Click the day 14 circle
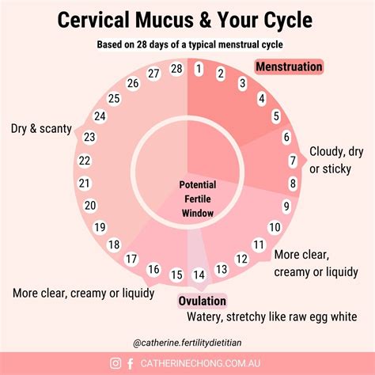pos(199,275)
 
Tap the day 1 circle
pos(199,69)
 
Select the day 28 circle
pos(176,69)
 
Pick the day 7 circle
pos(292,161)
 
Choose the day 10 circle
pos(275,228)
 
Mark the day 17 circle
pos(132,259)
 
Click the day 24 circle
pos(100,116)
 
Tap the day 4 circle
pos(261,100)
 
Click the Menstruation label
pos(288,66)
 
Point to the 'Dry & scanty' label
pos(41,128)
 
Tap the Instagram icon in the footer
pos(116,364)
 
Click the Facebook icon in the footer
pos(131,364)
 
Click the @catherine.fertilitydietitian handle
pos(188,343)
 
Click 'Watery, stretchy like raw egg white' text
pos(271,316)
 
